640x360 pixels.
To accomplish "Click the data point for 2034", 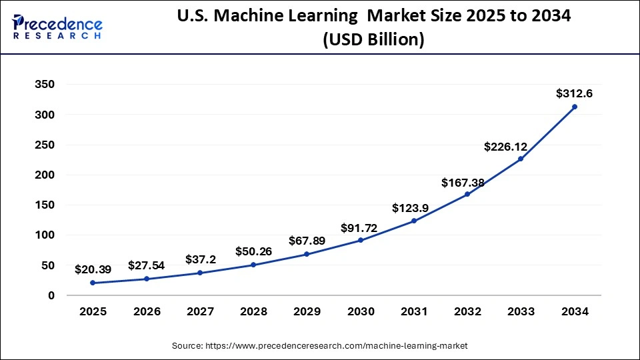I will (x=575, y=107).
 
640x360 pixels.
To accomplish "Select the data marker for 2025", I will (x=92, y=283).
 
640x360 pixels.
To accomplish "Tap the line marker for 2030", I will (x=360, y=240).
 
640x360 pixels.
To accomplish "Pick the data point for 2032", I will (x=467, y=194).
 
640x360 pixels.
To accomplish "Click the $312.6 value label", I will (x=575, y=94).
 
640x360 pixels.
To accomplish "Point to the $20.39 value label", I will (x=93, y=269).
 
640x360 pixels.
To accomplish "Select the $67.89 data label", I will (x=307, y=240).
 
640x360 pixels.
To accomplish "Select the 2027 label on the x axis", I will (x=199, y=311).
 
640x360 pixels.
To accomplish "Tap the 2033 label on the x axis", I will (x=521, y=311).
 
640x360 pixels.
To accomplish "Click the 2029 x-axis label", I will (x=307, y=311).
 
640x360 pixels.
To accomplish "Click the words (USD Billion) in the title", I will (x=373, y=41).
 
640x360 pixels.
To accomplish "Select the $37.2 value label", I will (x=200, y=259).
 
